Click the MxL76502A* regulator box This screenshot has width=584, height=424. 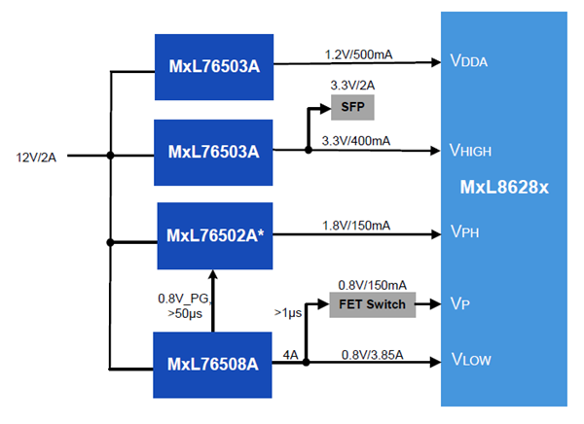[213, 236]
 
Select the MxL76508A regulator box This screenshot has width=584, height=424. [212, 365]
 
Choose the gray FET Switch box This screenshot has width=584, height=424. [371, 304]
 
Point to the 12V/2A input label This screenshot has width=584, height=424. [37, 156]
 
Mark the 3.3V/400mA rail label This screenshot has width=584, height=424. [357, 141]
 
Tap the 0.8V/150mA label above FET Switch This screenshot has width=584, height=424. [371, 286]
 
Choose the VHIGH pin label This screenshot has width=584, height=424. [473, 150]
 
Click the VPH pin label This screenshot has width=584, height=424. [464, 234]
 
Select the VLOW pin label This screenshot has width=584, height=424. [470, 361]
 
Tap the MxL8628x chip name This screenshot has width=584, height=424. [504, 186]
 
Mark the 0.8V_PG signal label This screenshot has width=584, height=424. [181, 298]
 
